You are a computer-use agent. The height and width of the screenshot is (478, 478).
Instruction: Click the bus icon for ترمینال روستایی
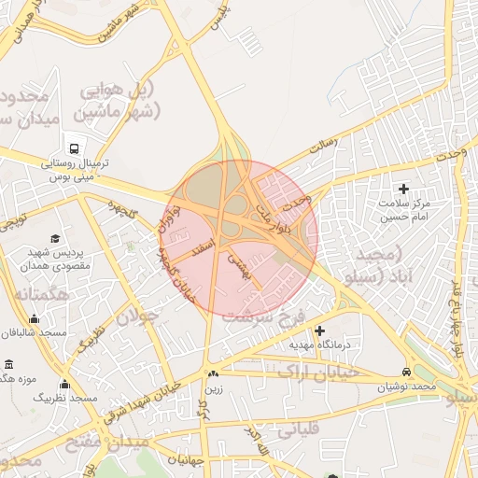(74, 148)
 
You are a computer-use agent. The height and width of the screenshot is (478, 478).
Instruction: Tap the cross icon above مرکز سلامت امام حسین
(404, 190)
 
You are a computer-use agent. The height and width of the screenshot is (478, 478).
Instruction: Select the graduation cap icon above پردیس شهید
(55, 238)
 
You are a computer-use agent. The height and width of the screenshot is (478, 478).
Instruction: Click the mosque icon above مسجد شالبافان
(35, 319)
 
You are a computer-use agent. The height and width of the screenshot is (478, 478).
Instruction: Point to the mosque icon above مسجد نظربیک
(64, 384)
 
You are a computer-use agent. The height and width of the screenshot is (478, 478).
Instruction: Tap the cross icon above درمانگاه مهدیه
(319, 330)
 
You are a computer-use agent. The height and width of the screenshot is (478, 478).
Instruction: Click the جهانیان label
(186, 460)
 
